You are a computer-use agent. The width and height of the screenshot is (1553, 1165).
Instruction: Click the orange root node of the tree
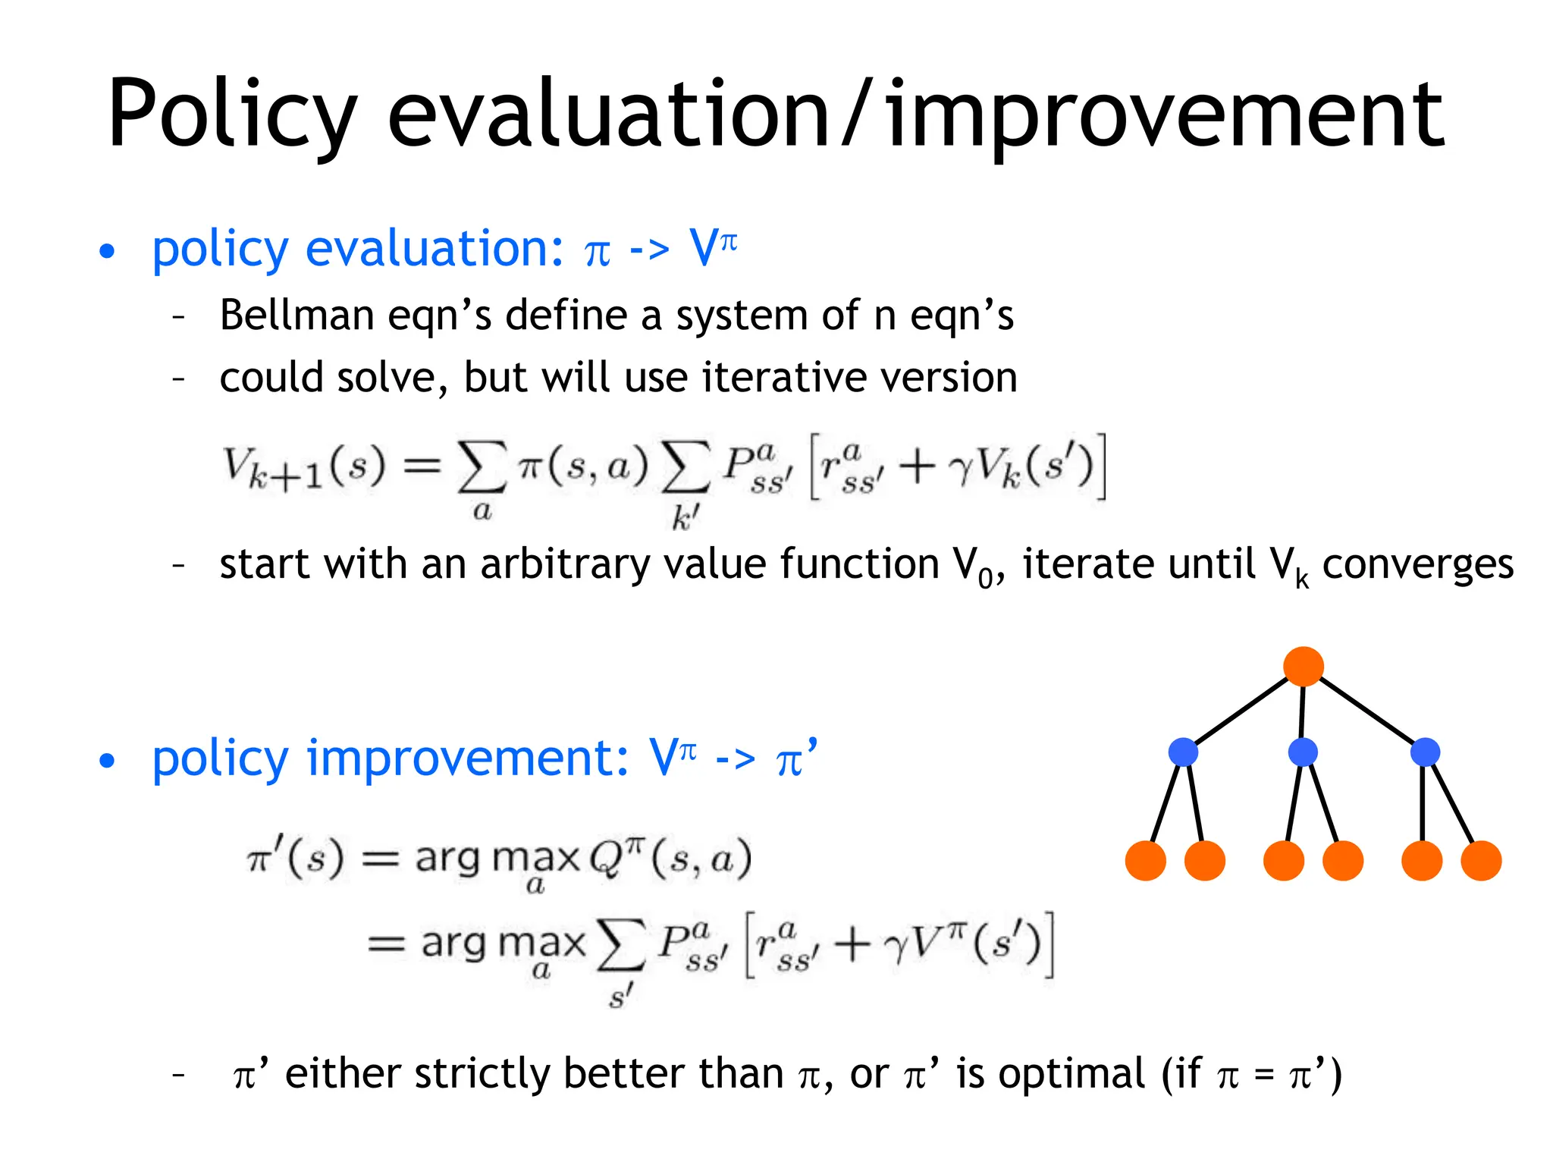point(1303,667)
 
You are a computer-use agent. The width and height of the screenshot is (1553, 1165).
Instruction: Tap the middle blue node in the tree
point(1303,752)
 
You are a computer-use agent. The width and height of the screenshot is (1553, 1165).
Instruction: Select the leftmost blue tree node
point(1183,752)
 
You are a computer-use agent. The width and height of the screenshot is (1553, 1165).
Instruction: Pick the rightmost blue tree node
point(1425,752)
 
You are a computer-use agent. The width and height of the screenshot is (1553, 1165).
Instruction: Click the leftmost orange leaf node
point(1145,861)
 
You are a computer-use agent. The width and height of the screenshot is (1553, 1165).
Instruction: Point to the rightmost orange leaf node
point(1481,861)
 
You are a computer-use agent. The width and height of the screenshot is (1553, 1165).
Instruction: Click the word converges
point(1417,566)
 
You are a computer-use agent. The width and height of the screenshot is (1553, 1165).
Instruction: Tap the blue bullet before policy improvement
point(108,761)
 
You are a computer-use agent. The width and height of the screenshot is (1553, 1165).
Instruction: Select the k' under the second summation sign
point(685,518)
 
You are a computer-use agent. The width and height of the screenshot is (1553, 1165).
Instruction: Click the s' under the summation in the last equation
point(620,995)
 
